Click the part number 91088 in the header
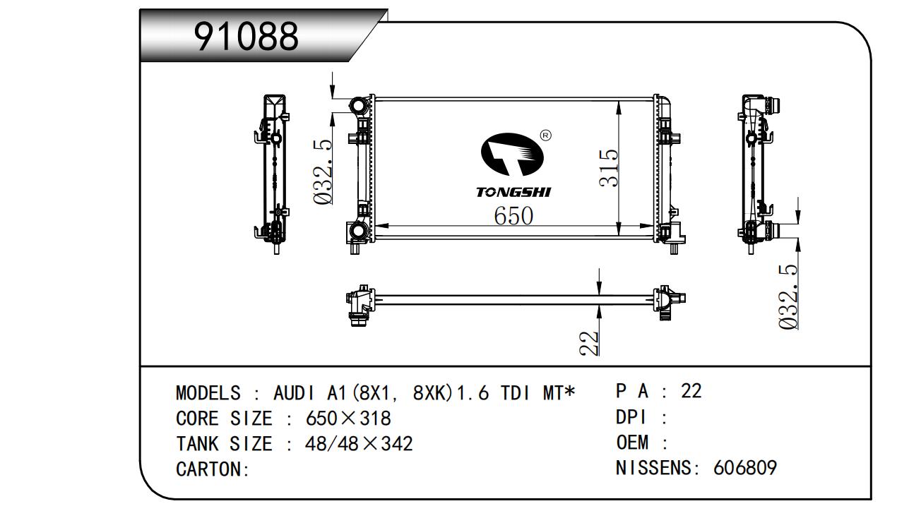click(246, 37)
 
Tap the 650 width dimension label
click(513, 216)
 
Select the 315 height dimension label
click(609, 168)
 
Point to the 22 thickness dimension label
click(589, 343)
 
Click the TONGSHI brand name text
click(513, 192)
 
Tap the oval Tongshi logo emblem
click(512, 155)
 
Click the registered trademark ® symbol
click(545, 136)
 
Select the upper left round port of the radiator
click(359, 106)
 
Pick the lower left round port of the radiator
click(358, 232)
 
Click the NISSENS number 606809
click(745, 467)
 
